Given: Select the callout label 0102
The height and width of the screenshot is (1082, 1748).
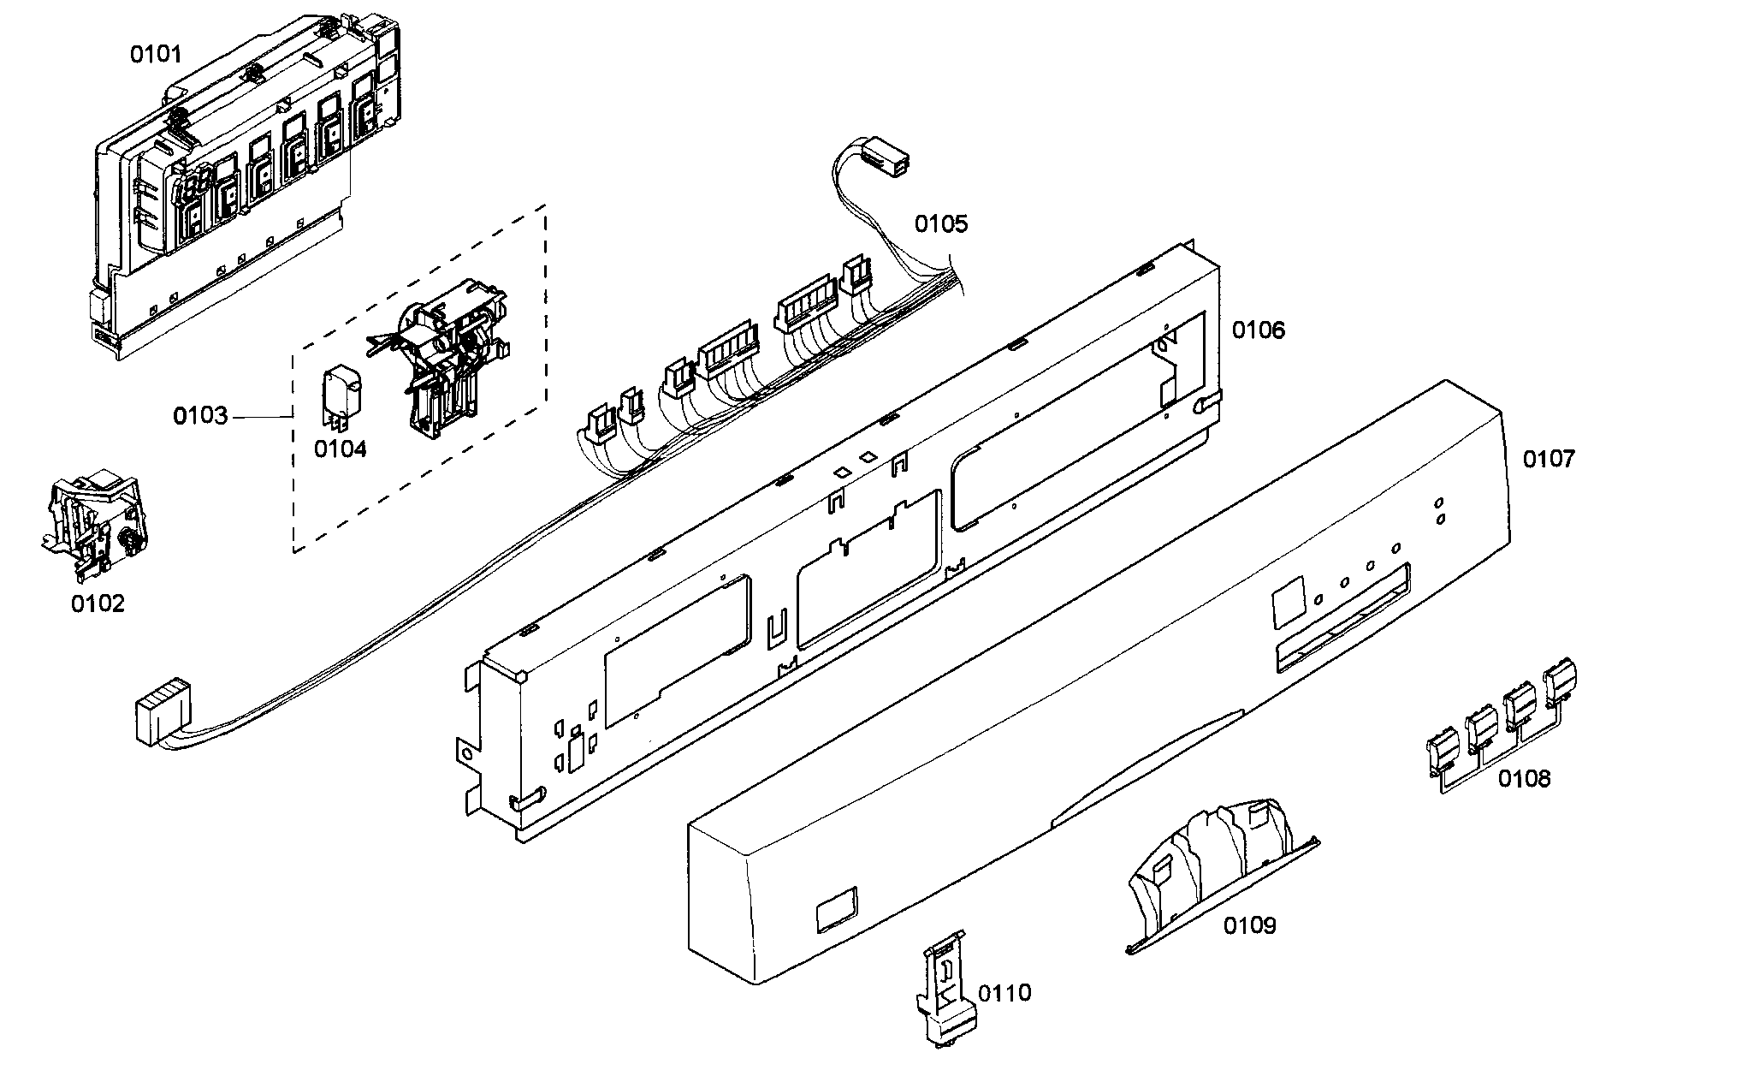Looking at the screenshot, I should (x=98, y=603).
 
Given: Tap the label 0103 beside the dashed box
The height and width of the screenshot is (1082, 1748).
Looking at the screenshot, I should (x=200, y=417).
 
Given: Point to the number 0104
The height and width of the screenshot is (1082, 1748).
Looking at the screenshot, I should (x=340, y=449).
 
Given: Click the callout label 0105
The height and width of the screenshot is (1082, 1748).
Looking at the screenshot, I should (x=941, y=224).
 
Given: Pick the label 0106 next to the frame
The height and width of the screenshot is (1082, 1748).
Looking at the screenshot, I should (x=1258, y=330).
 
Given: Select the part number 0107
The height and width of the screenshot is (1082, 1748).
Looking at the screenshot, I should (x=1548, y=460).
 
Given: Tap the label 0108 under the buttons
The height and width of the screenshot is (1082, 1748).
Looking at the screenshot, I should (x=1524, y=778).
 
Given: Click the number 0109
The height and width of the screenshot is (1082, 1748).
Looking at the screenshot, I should (x=1249, y=925).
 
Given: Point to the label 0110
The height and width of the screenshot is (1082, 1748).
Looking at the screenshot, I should (x=1004, y=993).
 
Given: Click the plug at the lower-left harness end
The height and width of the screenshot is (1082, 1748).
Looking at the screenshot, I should (x=160, y=710).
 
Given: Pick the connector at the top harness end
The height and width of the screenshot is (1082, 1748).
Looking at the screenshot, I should (x=885, y=160).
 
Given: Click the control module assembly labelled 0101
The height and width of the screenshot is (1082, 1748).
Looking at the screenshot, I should (x=248, y=188).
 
